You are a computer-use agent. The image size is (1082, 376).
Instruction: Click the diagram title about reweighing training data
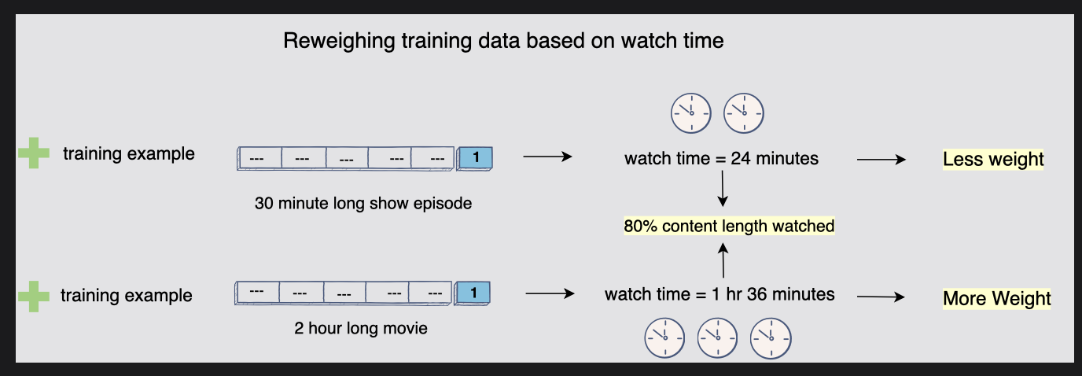(x=503, y=41)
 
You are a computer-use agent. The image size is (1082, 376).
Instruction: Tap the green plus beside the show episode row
(x=33, y=153)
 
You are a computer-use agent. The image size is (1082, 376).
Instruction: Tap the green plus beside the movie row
(x=33, y=296)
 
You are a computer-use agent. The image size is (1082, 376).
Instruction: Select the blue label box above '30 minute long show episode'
(x=475, y=158)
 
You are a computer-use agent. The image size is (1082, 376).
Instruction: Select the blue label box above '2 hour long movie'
(x=473, y=293)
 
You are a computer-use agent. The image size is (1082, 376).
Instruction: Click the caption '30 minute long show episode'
(x=363, y=203)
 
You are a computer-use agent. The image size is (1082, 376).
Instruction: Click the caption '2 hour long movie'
(x=359, y=328)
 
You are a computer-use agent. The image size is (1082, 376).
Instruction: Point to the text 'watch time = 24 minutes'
(x=721, y=159)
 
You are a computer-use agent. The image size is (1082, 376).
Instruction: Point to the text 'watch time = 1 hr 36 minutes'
(x=719, y=295)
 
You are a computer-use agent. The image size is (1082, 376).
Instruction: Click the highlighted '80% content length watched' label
(x=729, y=227)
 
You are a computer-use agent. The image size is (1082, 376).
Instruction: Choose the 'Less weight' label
(x=993, y=160)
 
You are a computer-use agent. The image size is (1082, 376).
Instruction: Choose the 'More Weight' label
(x=996, y=299)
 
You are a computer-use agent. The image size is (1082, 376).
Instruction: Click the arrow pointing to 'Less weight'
(x=881, y=159)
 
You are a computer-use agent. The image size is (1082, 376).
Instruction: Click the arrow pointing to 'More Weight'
(x=881, y=297)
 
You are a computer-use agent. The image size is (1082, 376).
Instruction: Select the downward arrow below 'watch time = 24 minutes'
(x=722, y=191)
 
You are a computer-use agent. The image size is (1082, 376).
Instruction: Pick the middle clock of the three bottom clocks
(x=717, y=337)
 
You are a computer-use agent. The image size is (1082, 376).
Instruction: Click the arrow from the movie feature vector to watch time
(x=548, y=294)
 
